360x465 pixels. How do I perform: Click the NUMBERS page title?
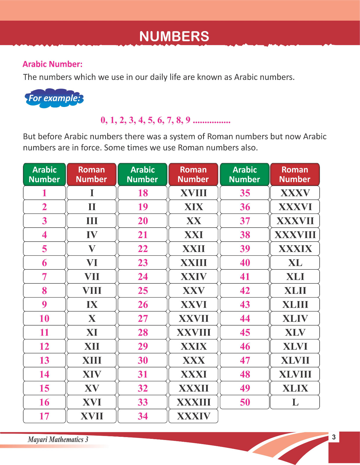[x=174, y=36]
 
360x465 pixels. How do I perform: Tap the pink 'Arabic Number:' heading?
[x=53, y=64]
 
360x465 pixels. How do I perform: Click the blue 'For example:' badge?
[x=54, y=98]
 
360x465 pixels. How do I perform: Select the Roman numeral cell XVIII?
[x=193, y=193]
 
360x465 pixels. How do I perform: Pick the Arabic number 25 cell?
[x=143, y=291]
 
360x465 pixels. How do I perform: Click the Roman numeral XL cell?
[x=295, y=263]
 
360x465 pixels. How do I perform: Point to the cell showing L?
[x=295, y=402]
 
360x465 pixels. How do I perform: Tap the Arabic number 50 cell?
[x=245, y=402]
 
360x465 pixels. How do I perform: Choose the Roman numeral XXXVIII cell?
[x=295, y=235]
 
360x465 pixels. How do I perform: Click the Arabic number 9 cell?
[x=44, y=305]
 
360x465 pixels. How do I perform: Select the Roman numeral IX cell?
[x=92, y=305]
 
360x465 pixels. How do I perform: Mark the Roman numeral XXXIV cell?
[x=193, y=416]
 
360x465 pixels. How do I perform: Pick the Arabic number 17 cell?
[x=44, y=416]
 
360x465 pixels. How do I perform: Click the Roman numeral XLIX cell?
[x=295, y=388]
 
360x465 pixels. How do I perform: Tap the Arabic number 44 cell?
[x=245, y=319]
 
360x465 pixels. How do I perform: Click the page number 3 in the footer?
[x=334, y=437]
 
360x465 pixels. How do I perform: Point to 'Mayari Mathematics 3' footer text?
[x=58, y=439]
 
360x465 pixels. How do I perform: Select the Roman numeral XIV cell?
[x=92, y=374]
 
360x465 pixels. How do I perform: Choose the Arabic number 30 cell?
[x=143, y=360]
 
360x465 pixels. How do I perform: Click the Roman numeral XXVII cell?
[x=193, y=319]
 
